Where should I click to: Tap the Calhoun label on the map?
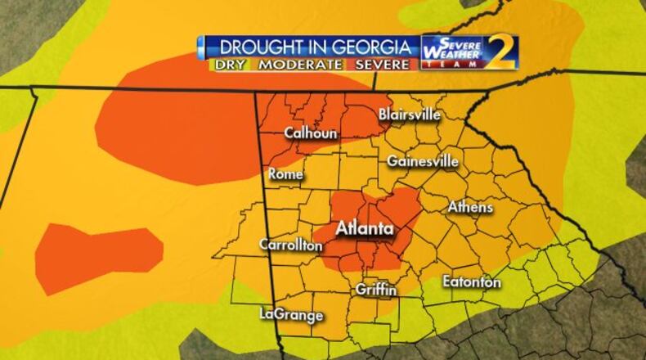[311, 133]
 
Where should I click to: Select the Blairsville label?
[410, 115]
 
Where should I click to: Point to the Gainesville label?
[422, 160]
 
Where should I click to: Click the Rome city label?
[285, 174]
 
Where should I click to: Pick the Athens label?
[470, 207]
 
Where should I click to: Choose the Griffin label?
[376, 290]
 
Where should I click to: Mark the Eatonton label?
[472, 281]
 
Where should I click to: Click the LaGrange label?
[291, 314]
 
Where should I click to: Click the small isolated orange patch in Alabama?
[99, 245]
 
